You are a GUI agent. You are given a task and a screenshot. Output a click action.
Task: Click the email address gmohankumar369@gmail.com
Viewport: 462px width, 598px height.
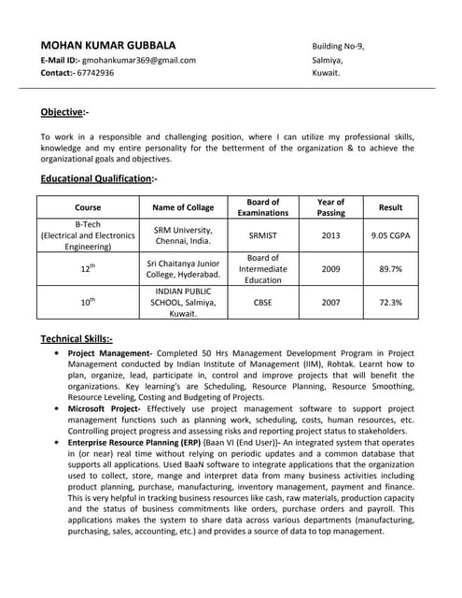(139, 60)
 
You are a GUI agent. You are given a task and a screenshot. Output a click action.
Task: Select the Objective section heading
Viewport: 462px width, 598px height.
(64, 112)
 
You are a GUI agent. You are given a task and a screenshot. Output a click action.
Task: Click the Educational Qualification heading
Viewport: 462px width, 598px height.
(99, 178)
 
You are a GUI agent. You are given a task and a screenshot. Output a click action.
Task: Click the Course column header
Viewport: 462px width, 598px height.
(88, 207)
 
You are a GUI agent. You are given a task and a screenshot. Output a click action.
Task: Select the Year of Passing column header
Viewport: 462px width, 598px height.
(330, 207)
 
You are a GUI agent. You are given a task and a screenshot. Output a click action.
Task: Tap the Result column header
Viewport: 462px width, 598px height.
(390, 207)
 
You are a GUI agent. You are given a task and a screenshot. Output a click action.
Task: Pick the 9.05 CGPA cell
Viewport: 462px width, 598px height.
(390, 235)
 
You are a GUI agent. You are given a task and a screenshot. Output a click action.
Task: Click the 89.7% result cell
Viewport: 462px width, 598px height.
(390, 269)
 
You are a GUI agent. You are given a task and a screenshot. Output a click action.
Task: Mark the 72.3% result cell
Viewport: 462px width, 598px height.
(390, 303)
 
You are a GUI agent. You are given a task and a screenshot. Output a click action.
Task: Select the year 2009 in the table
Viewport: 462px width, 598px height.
(330, 269)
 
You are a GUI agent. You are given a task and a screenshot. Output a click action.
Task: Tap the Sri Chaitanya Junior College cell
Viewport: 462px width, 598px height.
(184, 269)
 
